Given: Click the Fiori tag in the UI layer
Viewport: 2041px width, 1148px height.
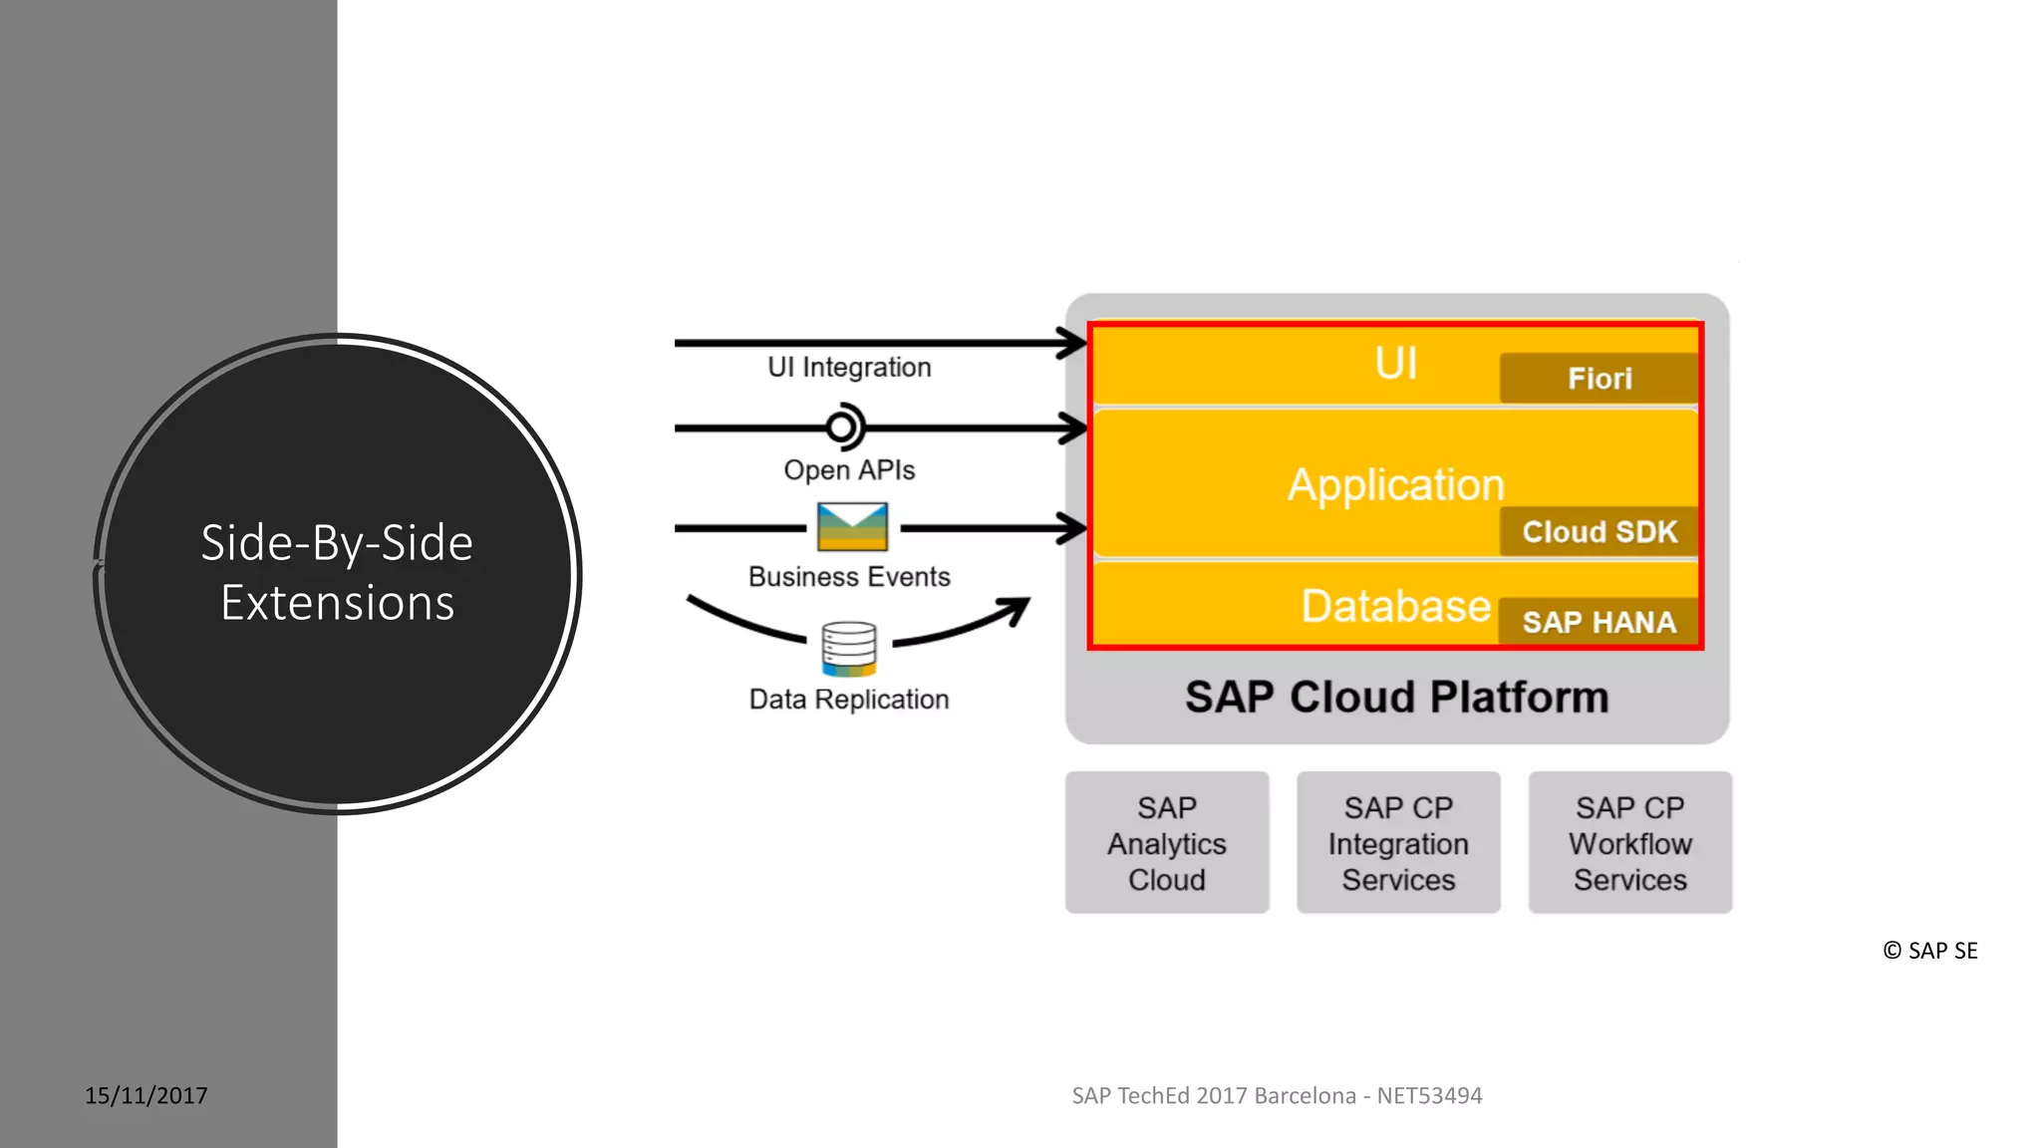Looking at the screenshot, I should (x=1599, y=379).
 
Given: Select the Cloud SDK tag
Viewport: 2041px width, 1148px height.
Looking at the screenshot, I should (x=1599, y=532).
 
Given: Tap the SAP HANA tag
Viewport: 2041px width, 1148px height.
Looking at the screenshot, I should (x=1599, y=623).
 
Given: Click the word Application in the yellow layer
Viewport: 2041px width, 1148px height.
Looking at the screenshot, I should (x=1395, y=485).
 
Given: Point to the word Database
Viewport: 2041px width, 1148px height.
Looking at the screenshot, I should (x=1395, y=606).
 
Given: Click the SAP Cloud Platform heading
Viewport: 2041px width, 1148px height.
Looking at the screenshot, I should (x=1396, y=698).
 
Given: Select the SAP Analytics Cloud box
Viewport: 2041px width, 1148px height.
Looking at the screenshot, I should (x=1166, y=843).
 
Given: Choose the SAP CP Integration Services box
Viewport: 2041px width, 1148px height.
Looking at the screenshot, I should (x=1398, y=843).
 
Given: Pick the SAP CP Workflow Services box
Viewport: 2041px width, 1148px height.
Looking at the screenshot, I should (x=1629, y=843).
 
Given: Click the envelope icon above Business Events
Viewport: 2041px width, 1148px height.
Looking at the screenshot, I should (x=852, y=527).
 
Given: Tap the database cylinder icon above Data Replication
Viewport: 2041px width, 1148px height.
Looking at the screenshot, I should (x=849, y=649).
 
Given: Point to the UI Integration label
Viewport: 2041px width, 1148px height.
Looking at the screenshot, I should (x=849, y=368).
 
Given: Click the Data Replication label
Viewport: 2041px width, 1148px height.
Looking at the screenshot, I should (x=849, y=700).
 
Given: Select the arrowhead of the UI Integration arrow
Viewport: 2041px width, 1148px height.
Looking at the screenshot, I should (x=1074, y=344).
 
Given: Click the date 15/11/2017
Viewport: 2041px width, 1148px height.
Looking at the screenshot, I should (x=146, y=1096).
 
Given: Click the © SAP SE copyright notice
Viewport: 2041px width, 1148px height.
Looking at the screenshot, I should (x=1930, y=951).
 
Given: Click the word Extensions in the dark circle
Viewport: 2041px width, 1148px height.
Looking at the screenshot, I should (x=338, y=604).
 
